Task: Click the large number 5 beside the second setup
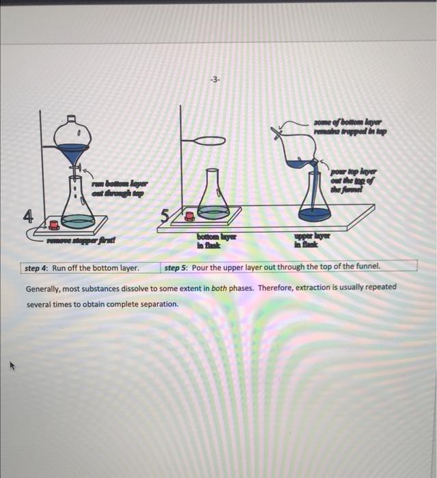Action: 165,218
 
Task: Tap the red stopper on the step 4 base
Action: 53,225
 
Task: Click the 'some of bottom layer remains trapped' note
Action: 349,126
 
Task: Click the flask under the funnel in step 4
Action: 78,205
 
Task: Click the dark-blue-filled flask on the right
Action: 315,201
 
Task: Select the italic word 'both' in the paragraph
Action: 219,287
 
